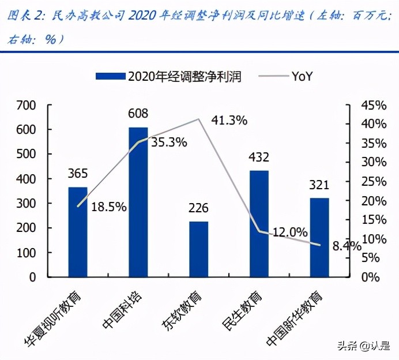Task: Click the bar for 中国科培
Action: [138, 202]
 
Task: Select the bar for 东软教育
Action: [198, 249]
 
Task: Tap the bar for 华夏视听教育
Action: [78, 232]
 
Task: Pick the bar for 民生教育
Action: [259, 224]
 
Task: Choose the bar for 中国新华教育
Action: [319, 237]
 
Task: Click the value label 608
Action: [138, 113]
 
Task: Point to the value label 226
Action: [198, 208]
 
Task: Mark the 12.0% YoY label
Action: [290, 232]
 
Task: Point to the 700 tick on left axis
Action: [26, 106]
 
